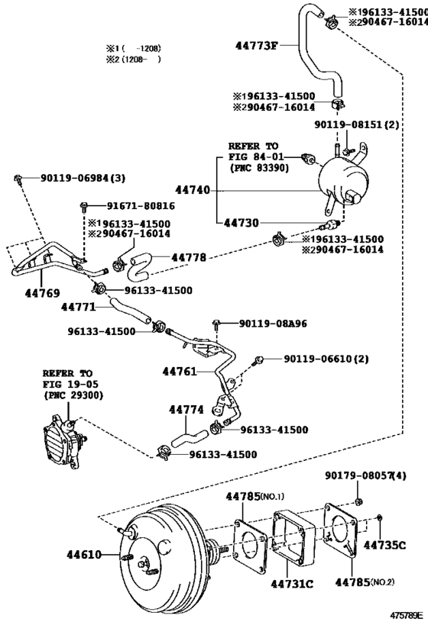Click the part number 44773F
tap(256, 46)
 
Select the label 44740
tap(193, 190)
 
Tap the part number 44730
tap(242, 222)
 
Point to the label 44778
tap(189, 257)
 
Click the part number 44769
tap(42, 293)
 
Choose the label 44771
tap(78, 307)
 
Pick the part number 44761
tap(180, 372)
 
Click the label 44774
tap(186, 409)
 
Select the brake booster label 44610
tap(84, 555)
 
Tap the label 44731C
tap(292, 584)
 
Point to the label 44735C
tap(384, 545)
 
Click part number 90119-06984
tap(74, 178)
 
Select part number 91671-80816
tap(141, 206)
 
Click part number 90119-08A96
tap(273, 324)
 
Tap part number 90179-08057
tap(358, 475)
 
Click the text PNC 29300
tap(73, 395)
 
